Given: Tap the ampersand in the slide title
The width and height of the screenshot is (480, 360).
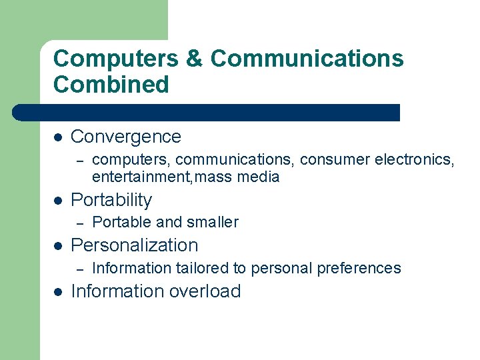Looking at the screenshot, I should point(195,59).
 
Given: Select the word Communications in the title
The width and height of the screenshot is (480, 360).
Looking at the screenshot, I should point(307,59).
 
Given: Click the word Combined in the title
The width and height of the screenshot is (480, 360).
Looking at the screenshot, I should point(111,85).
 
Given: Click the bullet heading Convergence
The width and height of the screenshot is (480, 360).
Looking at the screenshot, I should point(126,137).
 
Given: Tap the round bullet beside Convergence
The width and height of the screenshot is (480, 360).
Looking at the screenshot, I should point(58,137).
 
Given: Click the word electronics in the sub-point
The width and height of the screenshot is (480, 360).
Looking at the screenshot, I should point(413,160).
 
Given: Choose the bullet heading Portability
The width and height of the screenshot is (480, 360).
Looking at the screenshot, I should point(111,200).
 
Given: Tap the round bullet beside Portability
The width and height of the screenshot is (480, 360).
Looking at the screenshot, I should point(58,200).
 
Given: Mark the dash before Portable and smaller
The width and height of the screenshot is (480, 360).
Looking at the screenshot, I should point(79,223).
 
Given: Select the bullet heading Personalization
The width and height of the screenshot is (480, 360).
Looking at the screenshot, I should point(135,245).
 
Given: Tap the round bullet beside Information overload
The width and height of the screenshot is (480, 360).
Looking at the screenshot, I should point(58,291).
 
